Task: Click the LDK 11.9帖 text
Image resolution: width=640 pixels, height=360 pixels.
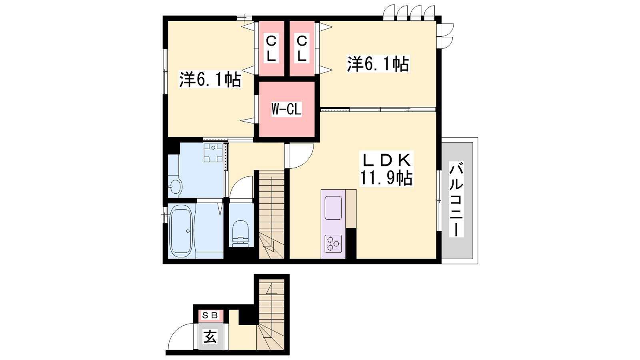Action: (x=386, y=169)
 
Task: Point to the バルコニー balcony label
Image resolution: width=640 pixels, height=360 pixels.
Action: (x=456, y=199)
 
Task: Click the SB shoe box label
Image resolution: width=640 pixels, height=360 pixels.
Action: (x=210, y=316)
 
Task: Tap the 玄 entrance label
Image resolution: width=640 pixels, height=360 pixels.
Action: (x=210, y=336)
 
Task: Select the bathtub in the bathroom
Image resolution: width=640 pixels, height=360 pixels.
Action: (x=181, y=231)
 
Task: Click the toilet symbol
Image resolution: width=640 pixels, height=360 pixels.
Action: (x=240, y=233)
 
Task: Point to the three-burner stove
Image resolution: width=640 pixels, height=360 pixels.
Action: (x=333, y=244)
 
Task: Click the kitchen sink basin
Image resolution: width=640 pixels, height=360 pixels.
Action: (x=333, y=208)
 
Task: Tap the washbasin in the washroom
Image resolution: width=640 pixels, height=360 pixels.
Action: (x=175, y=187)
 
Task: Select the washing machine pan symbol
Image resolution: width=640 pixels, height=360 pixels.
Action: (x=213, y=153)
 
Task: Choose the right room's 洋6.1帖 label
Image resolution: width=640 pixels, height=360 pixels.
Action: (x=378, y=64)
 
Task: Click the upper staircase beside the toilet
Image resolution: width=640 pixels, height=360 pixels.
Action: (x=272, y=214)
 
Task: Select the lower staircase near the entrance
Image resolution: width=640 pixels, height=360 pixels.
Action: (x=271, y=314)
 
